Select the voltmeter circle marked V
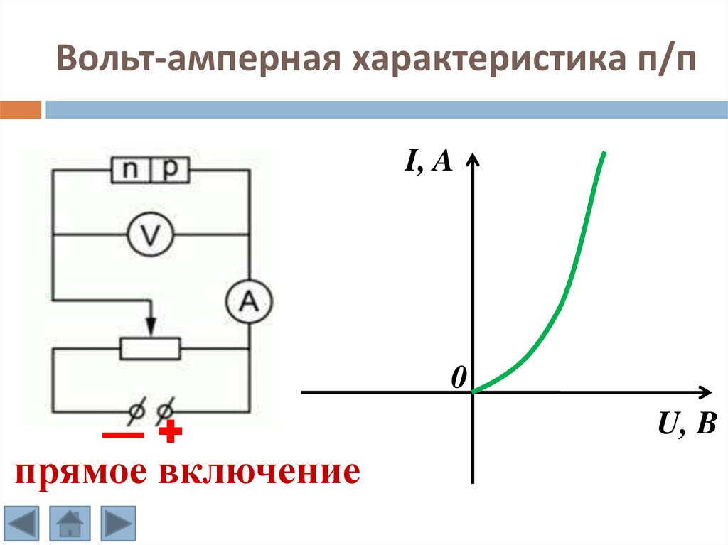pyautogui.click(x=150, y=234)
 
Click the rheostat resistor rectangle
pyautogui.click(x=150, y=348)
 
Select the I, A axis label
pyautogui.click(x=429, y=162)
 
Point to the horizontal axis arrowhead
pyautogui.click(x=704, y=391)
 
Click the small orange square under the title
pyautogui.click(x=20, y=109)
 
